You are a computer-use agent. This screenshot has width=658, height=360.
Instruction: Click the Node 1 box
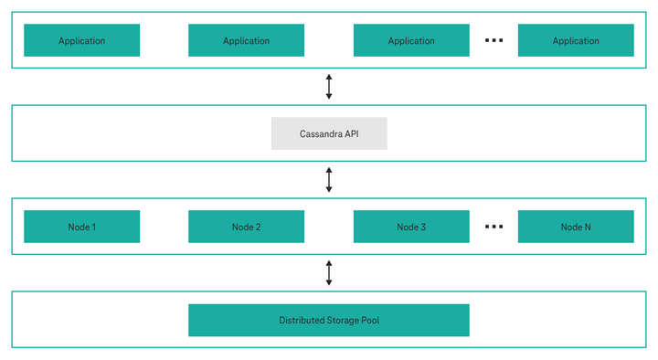(x=81, y=227)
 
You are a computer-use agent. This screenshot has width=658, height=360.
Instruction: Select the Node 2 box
(x=246, y=227)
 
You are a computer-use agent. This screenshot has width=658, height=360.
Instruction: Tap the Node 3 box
(x=411, y=227)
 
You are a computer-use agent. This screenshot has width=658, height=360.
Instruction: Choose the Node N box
(x=576, y=227)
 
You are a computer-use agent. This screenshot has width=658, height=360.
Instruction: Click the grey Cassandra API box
(x=329, y=133)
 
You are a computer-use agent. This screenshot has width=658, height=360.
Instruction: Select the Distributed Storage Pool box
(x=329, y=321)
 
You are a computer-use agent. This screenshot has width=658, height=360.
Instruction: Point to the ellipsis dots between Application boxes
(x=493, y=40)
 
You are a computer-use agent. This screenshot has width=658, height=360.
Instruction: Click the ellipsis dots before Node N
(x=493, y=227)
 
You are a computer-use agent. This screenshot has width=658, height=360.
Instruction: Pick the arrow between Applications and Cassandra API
(x=329, y=86)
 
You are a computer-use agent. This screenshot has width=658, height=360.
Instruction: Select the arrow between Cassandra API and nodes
(x=329, y=179)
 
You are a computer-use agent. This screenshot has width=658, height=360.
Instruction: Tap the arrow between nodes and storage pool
(x=329, y=272)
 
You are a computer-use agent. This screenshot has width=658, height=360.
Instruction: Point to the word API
(x=350, y=133)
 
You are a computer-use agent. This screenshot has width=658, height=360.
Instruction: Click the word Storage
(x=344, y=321)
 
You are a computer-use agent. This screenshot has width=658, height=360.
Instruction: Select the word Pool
(x=369, y=321)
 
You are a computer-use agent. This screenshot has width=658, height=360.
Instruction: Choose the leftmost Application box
(x=81, y=40)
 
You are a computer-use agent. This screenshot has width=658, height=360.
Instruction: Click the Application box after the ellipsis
(x=576, y=40)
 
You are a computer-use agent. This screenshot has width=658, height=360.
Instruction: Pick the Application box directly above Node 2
(x=246, y=40)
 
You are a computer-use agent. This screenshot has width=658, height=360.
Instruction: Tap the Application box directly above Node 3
(x=411, y=40)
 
